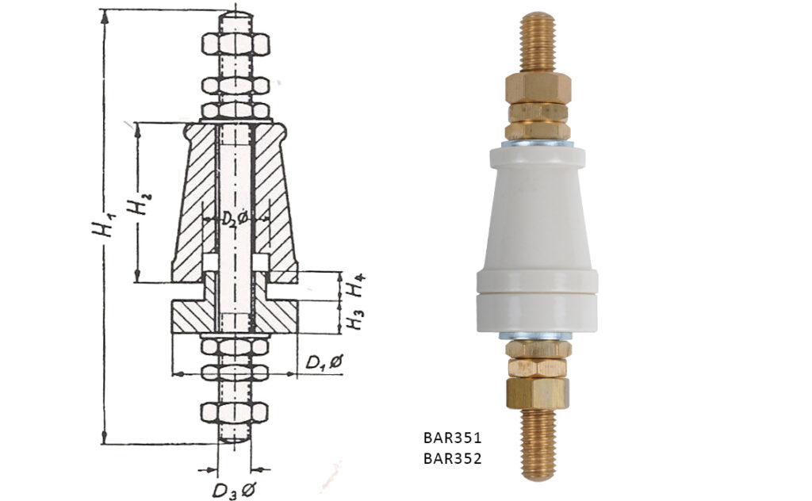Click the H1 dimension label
102,226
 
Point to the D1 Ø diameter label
324,362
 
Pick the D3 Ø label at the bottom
232,489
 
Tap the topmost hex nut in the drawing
235,44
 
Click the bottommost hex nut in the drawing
235,411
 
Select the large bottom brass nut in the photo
538,392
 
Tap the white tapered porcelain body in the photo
538,214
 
